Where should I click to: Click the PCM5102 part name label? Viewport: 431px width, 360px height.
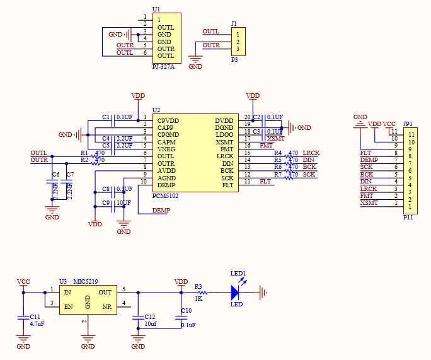point(166,196)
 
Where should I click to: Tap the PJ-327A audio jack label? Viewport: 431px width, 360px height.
point(164,66)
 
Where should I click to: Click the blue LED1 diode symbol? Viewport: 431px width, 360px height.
point(235,292)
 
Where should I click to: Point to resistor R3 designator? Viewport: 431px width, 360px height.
point(198,286)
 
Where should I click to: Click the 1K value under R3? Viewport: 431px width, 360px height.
point(198,298)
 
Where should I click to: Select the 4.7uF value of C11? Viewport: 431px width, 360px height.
point(36,323)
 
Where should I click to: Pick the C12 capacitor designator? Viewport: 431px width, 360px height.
point(149,316)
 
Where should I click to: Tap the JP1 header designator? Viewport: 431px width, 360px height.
point(408,124)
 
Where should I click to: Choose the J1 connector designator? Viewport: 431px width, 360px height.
point(234,24)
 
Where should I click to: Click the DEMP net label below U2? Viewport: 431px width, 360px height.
point(161,210)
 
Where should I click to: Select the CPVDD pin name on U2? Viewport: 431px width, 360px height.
point(168,120)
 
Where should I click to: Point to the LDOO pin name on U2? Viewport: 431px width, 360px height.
point(224,135)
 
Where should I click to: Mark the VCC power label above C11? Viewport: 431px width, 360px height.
point(23,282)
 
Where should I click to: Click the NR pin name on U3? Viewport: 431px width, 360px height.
point(108,307)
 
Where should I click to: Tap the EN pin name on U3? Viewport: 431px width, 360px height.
point(68,307)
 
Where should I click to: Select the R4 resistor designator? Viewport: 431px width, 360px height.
point(278,153)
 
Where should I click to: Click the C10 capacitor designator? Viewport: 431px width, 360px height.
point(186,311)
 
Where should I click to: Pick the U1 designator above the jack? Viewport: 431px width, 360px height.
point(156,9)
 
